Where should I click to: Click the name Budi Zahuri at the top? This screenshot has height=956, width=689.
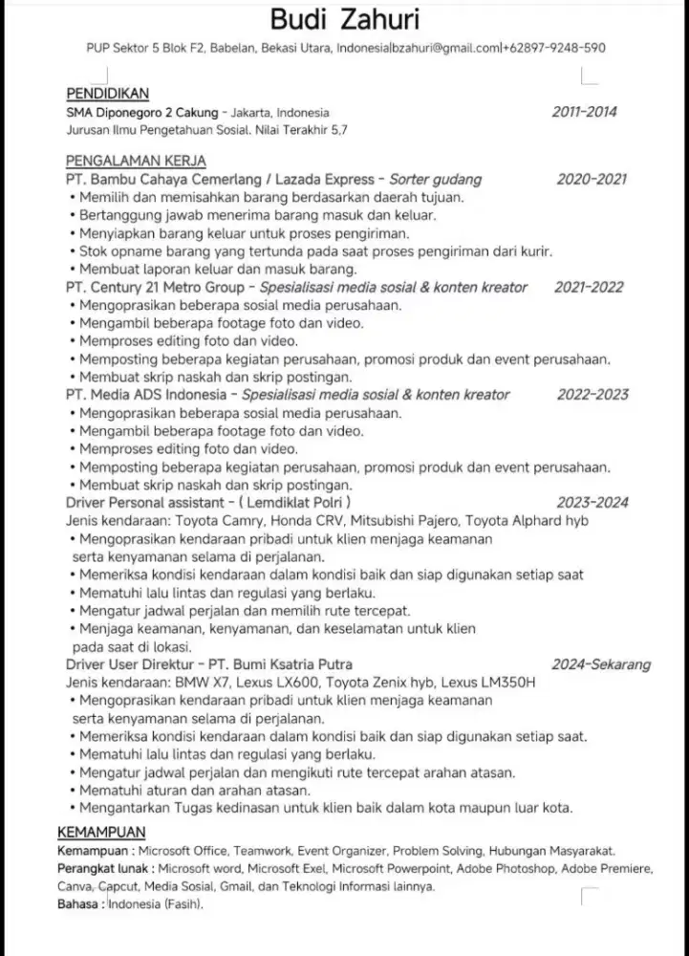point(344,19)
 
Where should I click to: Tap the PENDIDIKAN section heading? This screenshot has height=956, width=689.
point(108,94)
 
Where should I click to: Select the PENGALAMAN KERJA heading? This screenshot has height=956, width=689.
point(137,161)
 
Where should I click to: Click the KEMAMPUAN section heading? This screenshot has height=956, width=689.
point(101,831)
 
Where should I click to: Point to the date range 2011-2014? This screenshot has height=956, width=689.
point(585,112)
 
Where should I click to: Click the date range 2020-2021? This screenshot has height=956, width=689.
point(592,179)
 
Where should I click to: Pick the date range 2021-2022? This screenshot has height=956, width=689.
point(589,287)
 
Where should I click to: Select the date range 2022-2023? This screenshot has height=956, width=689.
point(592,394)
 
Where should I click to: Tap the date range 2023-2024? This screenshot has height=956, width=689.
point(592,502)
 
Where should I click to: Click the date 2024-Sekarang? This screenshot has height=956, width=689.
point(601,664)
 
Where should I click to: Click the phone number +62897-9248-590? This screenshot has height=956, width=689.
point(555,47)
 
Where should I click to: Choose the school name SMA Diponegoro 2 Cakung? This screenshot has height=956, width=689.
point(142,112)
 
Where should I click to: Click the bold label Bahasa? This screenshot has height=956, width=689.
point(80,903)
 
